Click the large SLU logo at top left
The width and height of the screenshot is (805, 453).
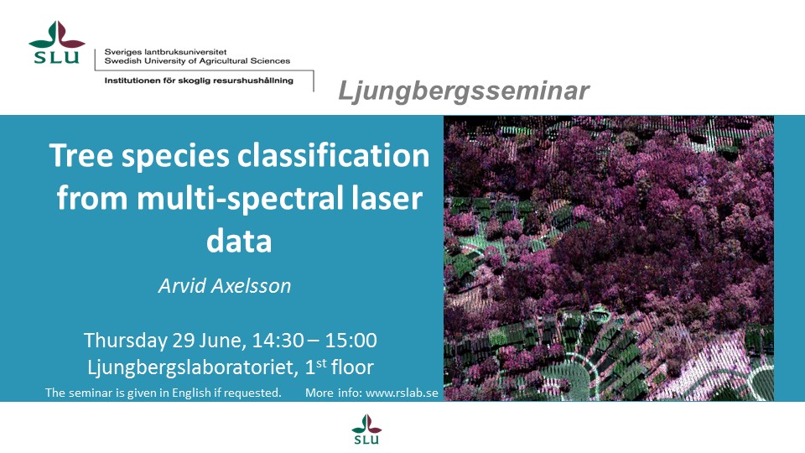[57, 43]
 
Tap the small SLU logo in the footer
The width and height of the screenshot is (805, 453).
[366, 430]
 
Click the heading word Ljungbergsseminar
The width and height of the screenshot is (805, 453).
[464, 91]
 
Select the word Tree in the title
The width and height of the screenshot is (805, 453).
[81, 156]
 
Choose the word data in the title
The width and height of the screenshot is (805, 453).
[239, 241]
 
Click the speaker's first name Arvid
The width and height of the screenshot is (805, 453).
[182, 285]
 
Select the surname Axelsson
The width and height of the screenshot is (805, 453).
[251, 285]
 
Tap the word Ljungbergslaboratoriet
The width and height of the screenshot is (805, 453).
[192, 367]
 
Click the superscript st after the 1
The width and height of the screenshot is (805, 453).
[321, 363]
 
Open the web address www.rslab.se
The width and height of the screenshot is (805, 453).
[402, 393]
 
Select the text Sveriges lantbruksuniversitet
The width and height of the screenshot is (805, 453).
[165, 52]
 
